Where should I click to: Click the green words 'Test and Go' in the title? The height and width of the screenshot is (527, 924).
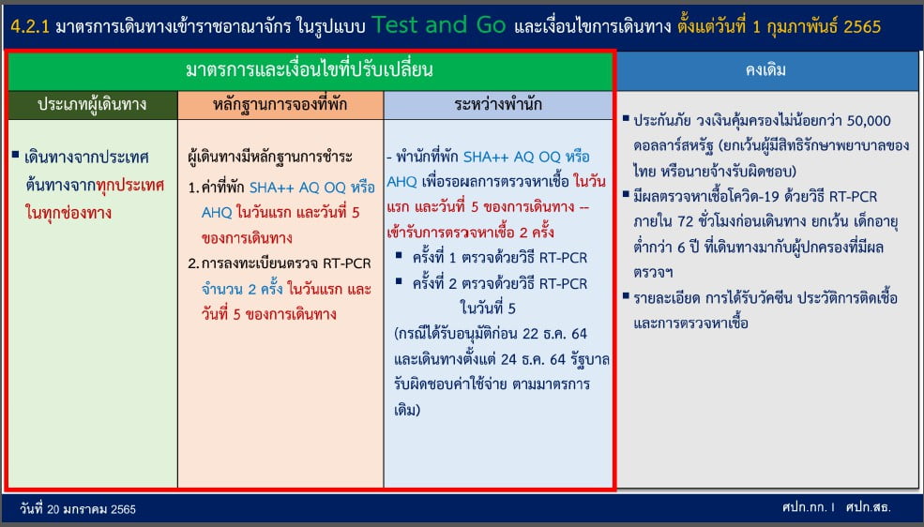438,24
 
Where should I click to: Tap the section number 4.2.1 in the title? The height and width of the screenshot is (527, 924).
30,26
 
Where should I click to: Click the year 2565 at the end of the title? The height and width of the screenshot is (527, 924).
862,26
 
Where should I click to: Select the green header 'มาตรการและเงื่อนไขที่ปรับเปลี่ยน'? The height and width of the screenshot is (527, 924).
310,70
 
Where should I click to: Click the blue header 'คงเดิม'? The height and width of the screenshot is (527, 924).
765,70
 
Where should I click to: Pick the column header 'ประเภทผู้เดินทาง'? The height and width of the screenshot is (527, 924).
92,105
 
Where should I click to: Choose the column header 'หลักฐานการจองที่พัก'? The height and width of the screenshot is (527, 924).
280,105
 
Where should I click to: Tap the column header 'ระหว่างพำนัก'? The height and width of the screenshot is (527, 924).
498,105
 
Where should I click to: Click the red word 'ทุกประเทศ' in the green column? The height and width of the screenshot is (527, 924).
129,185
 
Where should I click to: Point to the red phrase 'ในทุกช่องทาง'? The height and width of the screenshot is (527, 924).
68,212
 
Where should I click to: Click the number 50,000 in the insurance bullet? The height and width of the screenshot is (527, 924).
869,121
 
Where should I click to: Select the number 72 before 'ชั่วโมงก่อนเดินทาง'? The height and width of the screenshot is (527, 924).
686,221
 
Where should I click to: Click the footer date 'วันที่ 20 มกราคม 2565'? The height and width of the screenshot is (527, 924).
78,509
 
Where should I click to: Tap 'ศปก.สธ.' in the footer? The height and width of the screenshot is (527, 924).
868,507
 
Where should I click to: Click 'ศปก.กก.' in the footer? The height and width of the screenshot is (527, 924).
804,507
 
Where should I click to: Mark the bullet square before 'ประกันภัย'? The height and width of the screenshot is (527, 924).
626,118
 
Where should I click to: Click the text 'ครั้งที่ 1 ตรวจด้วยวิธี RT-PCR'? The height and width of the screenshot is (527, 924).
500,257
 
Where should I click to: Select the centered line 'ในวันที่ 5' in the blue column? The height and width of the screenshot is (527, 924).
488,308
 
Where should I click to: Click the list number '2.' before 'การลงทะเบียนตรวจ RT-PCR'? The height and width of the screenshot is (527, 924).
193,263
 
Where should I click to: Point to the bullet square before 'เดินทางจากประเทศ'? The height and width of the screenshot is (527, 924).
15,155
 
